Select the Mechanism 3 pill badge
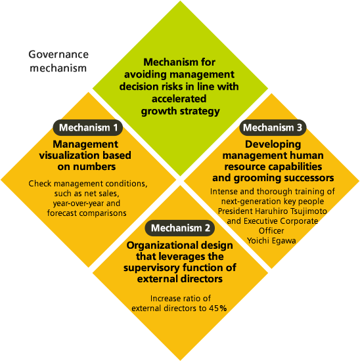[x=273, y=127]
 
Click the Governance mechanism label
[x=58, y=61]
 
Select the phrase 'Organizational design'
[x=180, y=245]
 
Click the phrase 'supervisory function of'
[x=180, y=268]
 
